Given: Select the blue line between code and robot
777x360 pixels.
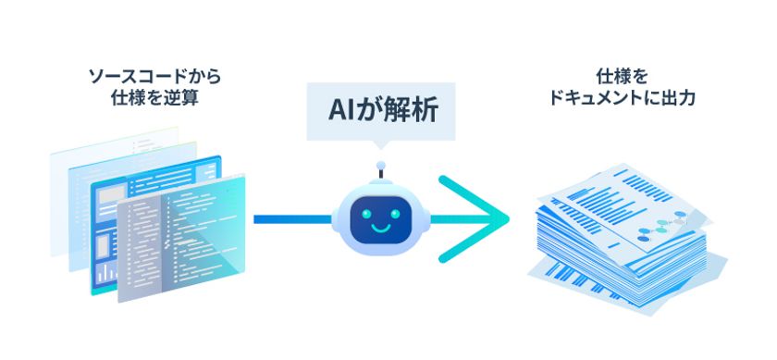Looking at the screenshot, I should [290, 219].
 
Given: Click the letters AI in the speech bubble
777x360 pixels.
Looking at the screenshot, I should [344, 110].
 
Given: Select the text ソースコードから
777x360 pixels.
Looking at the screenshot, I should [154, 75].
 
